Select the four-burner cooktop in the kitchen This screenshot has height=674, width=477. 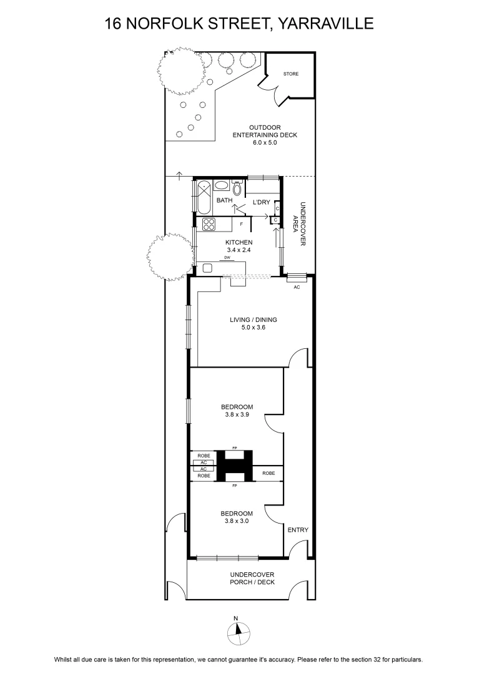pyautogui.click(x=209, y=225)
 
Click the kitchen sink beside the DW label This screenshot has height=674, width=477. pyautogui.click(x=208, y=268)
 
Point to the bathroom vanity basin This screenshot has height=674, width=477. pyautogui.click(x=222, y=186)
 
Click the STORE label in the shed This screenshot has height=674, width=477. pyautogui.click(x=291, y=74)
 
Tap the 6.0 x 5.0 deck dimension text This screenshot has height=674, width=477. pyautogui.click(x=265, y=142)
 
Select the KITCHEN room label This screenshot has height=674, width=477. pyautogui.click(x=239, y=242)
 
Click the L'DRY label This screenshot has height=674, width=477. pyautogui.click(x=261, y=202)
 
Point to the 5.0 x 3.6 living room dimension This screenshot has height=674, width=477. pyautogui.click(x=253, y=328)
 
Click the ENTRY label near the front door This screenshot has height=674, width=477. pyautogui.click(x=298, y=530)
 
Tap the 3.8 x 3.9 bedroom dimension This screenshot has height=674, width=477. pyautogui.click(x=237, y=415)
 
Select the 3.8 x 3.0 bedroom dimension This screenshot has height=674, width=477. pyautogui.click(x=237, y=521)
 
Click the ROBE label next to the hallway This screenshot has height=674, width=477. pyautogui.click(x=269, y=473)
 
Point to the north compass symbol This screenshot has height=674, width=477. pyautogui.click(x=238, y=630)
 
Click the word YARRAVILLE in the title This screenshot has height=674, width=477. pyautogui.click(x=325, y=23)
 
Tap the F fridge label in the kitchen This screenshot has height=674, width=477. pyautogui.click(x=241, y=224)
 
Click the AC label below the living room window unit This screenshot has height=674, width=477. pyautogui.click(x=297, y=287)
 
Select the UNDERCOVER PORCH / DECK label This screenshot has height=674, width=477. pyautogui.click(x=252, y=579)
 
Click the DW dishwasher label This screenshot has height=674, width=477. pyautogui.click(x=227, y=258)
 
